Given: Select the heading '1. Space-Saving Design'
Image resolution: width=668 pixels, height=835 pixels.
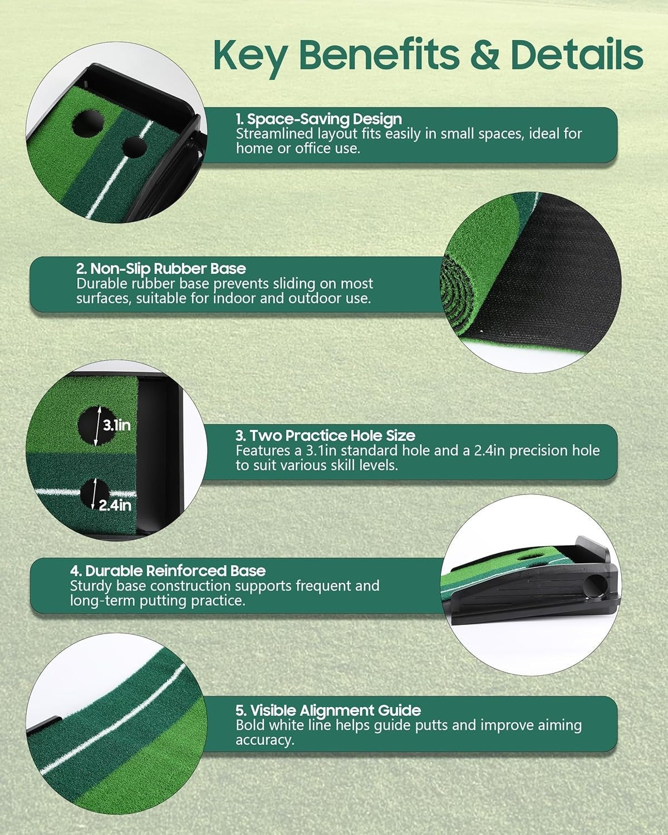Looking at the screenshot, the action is click(319, 119).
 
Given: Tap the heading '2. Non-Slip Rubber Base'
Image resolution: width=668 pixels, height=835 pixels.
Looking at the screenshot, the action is click(161, 268).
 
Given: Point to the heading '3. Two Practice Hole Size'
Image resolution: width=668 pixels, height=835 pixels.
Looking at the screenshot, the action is click(325, 435).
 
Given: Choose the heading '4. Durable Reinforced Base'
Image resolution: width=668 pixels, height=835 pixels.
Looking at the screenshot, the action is click(168, 571).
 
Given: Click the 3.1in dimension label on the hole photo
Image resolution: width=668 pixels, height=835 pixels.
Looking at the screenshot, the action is click(116, 426).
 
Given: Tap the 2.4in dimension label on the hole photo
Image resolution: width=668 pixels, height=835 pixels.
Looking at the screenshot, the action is click(115, 505).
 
